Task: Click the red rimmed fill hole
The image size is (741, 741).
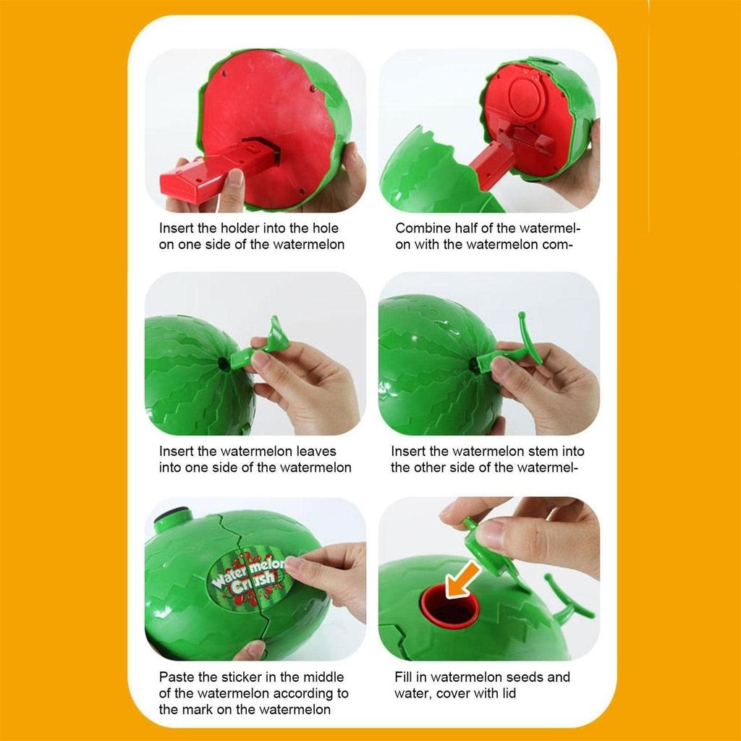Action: [x=449, y=606]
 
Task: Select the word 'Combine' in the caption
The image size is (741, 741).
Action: [x=420, y=228]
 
